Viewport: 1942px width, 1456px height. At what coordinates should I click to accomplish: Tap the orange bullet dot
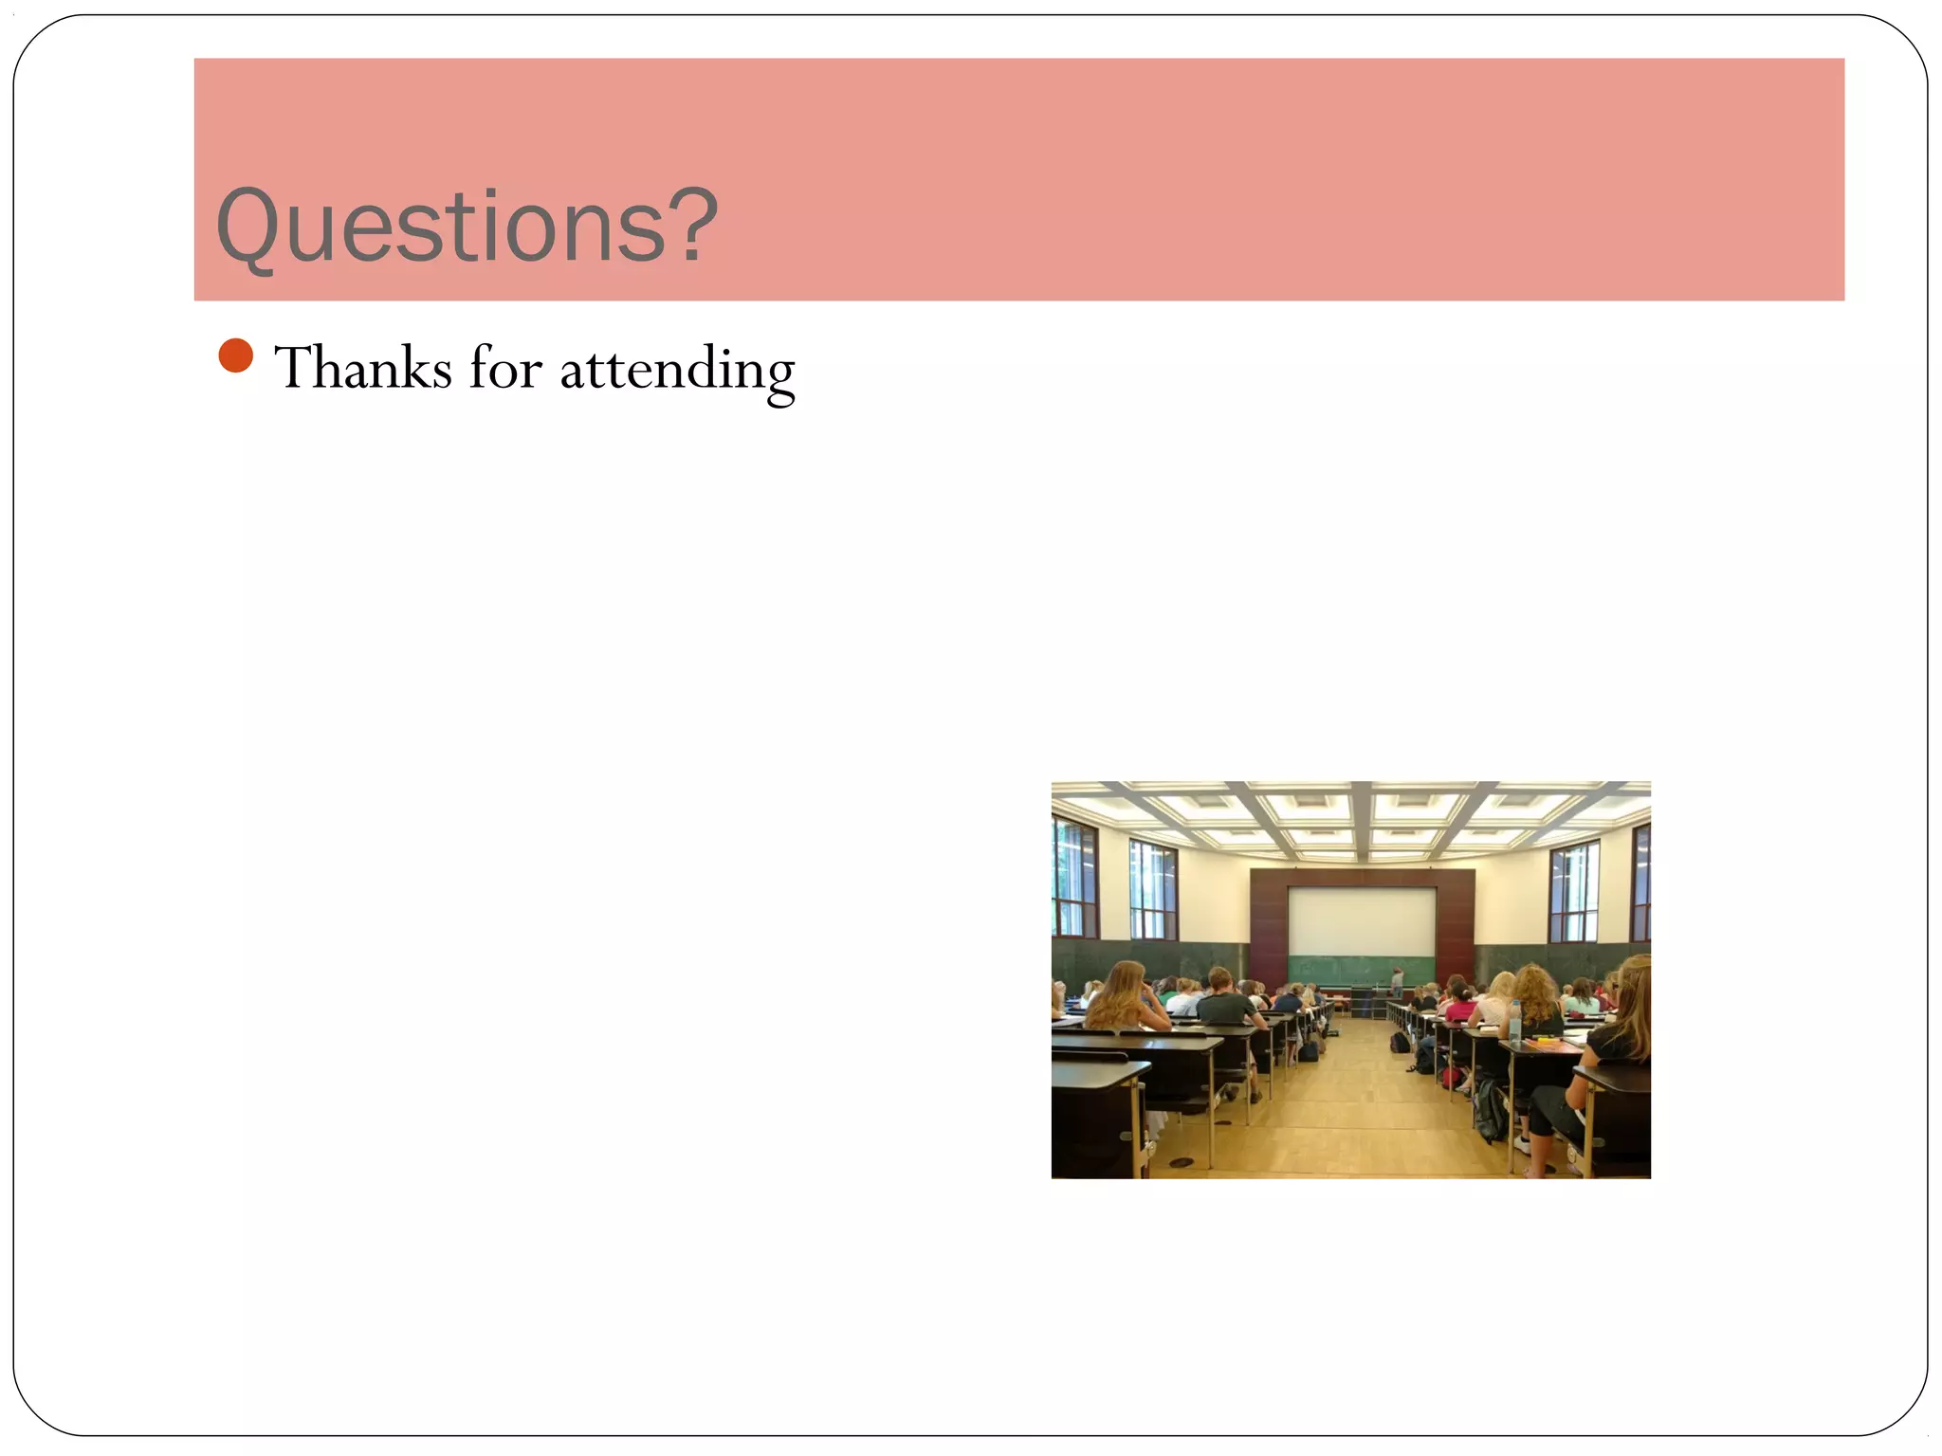[x=235, y=355]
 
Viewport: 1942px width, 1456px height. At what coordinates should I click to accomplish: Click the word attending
[x=677, y=371]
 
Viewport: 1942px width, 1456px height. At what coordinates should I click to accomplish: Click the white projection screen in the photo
[x=1361, y=920]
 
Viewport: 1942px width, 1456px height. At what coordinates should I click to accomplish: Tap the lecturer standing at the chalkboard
[x=1397, y=980]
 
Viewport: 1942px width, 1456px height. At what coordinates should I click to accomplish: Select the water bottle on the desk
[x=1514, y=1022]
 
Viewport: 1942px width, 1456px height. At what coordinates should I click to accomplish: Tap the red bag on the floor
[x=1451, y=1077]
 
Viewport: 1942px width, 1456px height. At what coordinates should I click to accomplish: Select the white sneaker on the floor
[x=1523, y=1144]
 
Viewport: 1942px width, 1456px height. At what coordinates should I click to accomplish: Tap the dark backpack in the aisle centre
[x=1400, y=1043]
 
